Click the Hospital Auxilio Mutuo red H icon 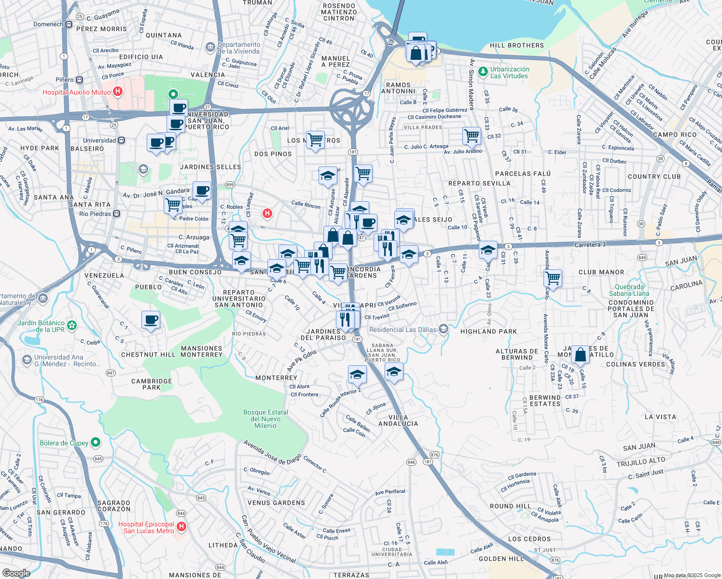[x=117, y=92]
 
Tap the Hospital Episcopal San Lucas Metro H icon [x=181, y=527]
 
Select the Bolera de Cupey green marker [x=96, y=442]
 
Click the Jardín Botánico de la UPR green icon [x=72, y=326]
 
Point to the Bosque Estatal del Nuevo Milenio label [x=265, y=419]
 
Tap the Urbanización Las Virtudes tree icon [x=483, y=72]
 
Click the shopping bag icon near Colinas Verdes [x=581, y=355]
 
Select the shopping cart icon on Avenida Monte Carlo [x=553, y=278]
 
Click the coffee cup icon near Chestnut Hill [x=151, y=319]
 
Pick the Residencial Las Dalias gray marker [x=444, y=330]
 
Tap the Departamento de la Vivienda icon [x=210, y=47]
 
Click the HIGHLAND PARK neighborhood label [x=488, y=331]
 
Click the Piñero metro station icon [x=80, y=80]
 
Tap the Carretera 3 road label [x=590, y=245]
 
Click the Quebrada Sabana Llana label [x=629, y=290]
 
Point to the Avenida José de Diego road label [x=272, y=452]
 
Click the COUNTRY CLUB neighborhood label [x=654, y=177]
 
